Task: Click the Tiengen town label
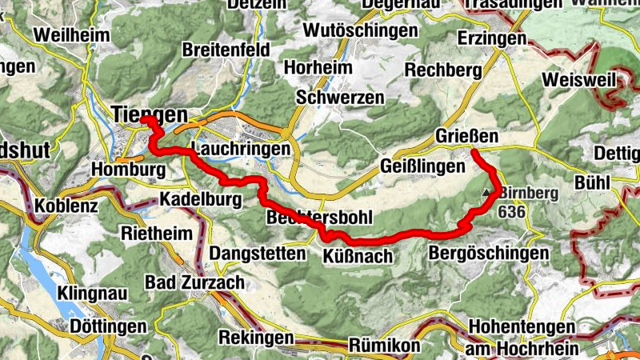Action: [x=150, y=114]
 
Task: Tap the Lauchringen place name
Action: [x=241, y=150]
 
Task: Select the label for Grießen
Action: [x=466, y=137]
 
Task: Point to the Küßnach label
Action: [x=357, y=256]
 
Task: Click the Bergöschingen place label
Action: [x=489, y=254]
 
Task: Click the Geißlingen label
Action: [x=422, y=166]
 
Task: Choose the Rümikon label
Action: [x=384, y=346]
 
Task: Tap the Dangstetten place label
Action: [x=258, y=254]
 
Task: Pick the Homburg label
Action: [x=129, y=170]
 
